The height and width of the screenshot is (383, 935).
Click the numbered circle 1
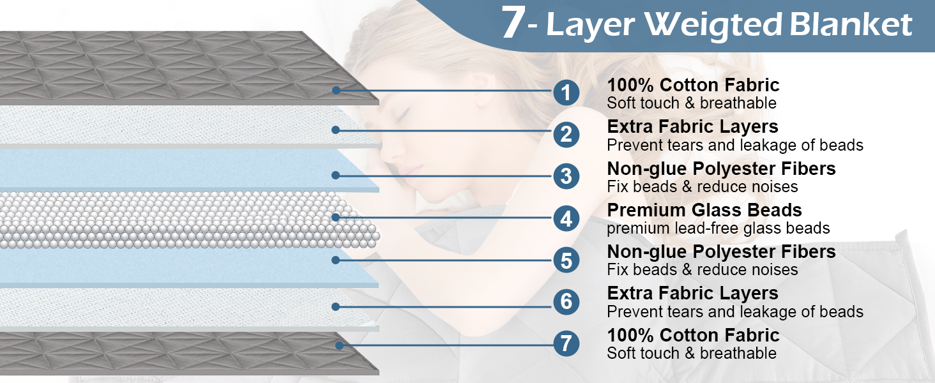click(566, 93)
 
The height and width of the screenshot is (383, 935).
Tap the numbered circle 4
click(566, 219)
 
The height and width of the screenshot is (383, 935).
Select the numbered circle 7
click(566, 344)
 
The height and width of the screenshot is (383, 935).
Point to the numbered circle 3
click(566, 177)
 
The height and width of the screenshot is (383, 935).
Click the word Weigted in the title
click(713, 25)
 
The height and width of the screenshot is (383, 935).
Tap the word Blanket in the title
click(851, 25)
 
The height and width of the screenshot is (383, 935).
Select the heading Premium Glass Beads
click(704, 210)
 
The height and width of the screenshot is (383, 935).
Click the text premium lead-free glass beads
click(718, 228)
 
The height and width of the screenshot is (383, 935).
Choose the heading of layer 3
click(721, 169)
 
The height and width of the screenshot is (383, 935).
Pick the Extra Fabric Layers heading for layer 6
click(692, 294)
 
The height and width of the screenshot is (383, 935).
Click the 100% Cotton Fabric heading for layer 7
click(693, 335)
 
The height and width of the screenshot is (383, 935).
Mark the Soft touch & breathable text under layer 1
click(691, 103)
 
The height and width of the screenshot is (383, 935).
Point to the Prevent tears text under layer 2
click(734, 145)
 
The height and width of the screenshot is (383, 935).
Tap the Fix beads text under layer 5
click(702, 269)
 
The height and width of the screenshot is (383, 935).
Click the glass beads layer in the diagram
click(179, 220)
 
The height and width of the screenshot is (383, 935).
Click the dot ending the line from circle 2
click(335, 130)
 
